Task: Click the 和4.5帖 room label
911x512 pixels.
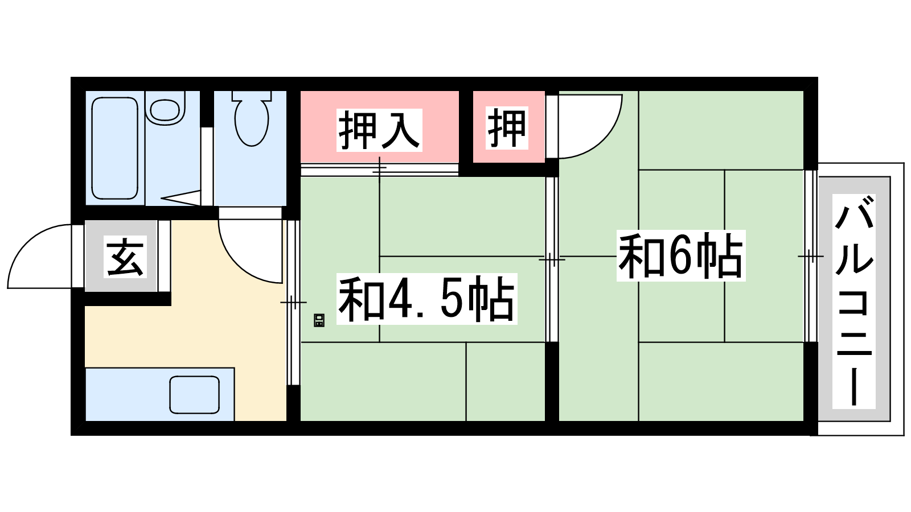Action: point(426,299)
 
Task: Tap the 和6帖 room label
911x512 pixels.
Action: point(681,255)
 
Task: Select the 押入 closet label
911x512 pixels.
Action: point(379,130)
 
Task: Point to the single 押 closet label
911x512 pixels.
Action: point(507,127)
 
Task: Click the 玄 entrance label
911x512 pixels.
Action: point(125,257)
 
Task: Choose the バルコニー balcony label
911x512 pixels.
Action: point(853,301)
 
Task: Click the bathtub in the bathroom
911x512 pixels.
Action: point(114,148)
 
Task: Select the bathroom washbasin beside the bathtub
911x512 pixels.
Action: point(165,108)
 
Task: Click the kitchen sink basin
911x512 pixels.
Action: point(194,395)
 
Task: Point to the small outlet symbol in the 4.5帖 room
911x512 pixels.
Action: point(319,320)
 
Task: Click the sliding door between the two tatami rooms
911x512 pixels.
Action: point(552,259)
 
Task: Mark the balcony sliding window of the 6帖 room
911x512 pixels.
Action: point(811,256)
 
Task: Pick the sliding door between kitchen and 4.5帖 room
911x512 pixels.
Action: point(293,302)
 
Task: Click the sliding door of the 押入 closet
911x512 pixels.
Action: point(379,170)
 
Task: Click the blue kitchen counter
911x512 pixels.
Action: point(160,394)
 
